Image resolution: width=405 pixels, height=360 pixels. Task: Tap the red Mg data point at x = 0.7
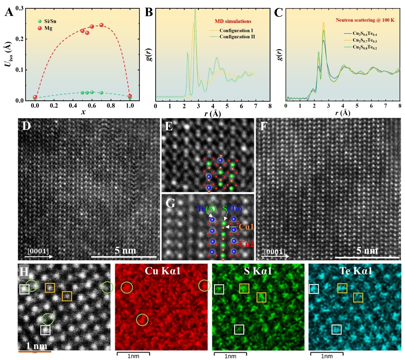click(x=102, y=25)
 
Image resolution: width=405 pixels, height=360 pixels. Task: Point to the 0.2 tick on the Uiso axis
click(x=20, y=39)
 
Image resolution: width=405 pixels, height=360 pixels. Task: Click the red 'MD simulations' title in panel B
click(x=233, y=21)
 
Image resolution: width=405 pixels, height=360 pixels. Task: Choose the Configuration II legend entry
click(x=237, y=37)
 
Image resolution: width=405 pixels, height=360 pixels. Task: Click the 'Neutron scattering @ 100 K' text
click(x=365, y=20)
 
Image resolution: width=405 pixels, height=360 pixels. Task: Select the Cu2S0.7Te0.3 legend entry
click(x=365, y=40)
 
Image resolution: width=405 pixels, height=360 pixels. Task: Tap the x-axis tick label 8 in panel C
click(x=400, y=106)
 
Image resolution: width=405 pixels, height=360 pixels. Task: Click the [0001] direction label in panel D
click(x=38, y=251)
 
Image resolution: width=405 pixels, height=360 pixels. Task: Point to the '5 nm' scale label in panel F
click(x=367, y=251)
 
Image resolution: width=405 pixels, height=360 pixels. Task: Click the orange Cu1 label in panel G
click(x=246, y=227)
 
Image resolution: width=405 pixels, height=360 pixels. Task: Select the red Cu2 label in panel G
click(x=246, y=244)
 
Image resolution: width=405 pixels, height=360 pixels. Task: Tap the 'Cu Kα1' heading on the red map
click(x=163, y=271)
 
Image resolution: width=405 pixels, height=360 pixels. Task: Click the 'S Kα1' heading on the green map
click(x=258, y=271)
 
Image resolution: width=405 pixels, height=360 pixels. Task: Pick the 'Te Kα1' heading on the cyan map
click(x=356, y=271)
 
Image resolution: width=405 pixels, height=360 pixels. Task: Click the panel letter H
click(x=24, y=272)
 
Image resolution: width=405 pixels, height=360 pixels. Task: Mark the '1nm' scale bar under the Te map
click(x=327, y=356)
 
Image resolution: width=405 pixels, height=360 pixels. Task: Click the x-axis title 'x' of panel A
click(x=83, y=112)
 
